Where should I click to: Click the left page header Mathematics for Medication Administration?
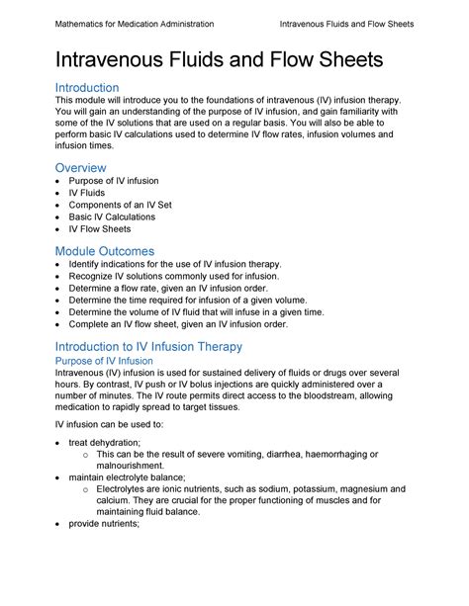pyautogui.click(x=134, y=23)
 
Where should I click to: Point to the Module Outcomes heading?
pyautogui.click(x=104, y=251)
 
